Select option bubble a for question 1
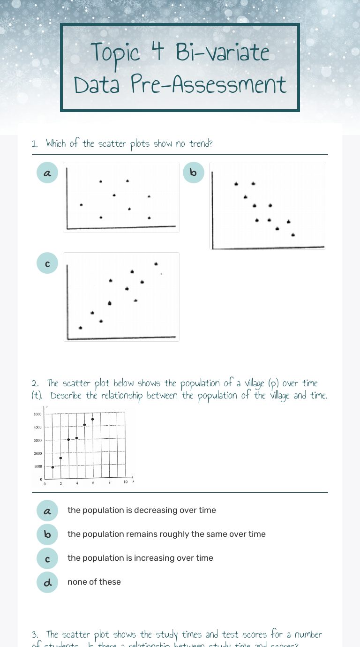pos(47,173)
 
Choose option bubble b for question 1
pos(194,173)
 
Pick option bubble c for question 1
pos(47,263)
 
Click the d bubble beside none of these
pos(47,582)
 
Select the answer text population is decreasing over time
pos(142,510)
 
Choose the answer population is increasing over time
pos(140,558)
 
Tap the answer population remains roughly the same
pos(166,534)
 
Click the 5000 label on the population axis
pos(37,414)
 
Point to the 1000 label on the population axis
pos(38,466)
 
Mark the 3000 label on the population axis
pos(37,440)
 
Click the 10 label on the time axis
pos(126,482)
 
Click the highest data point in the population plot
pos(93,419)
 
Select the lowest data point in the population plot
pos(52,467)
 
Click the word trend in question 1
pos(200,143)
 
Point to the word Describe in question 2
pos(66,396)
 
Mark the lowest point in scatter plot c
pos(80,328)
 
